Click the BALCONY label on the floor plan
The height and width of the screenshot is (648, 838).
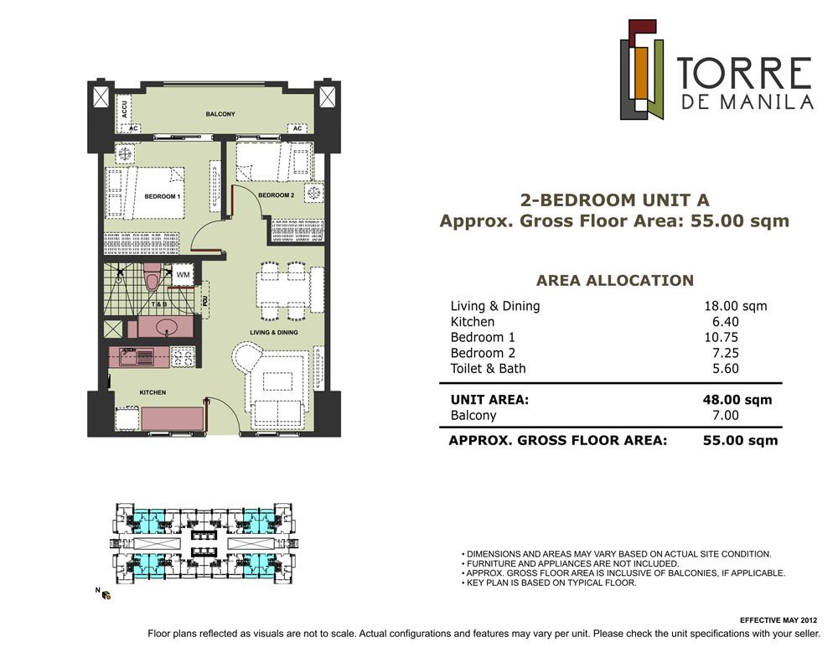(x=220, y=114)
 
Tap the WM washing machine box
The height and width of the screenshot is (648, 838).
(x=184, y=275)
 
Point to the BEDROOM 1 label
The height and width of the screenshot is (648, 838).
(x=162, y=196)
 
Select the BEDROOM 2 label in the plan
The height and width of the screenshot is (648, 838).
(x=277, y=195)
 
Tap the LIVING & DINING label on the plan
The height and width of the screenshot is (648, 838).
(x=274, y=332)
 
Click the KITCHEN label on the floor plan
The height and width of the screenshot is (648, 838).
(x=153, y=392)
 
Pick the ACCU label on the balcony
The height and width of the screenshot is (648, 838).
(x=125, y=109)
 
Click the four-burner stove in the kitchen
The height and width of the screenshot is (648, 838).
(x=183, y=356)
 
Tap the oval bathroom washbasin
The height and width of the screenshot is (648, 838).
(x=168, y=327)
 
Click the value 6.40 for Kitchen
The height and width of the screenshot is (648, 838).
(x=725, y=322)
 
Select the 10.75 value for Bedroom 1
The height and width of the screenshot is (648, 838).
(x=722, y=337)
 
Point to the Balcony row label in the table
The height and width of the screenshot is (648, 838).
(x=473, y=416)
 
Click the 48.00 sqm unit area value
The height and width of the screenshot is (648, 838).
(x=737, y=400)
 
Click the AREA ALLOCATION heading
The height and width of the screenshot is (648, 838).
(x=614, y=280)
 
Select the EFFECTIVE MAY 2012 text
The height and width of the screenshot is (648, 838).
(x=779, y=620)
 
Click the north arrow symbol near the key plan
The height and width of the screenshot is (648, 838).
(x=106, y=594)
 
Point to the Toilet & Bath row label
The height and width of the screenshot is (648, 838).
(x=488, y=368)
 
